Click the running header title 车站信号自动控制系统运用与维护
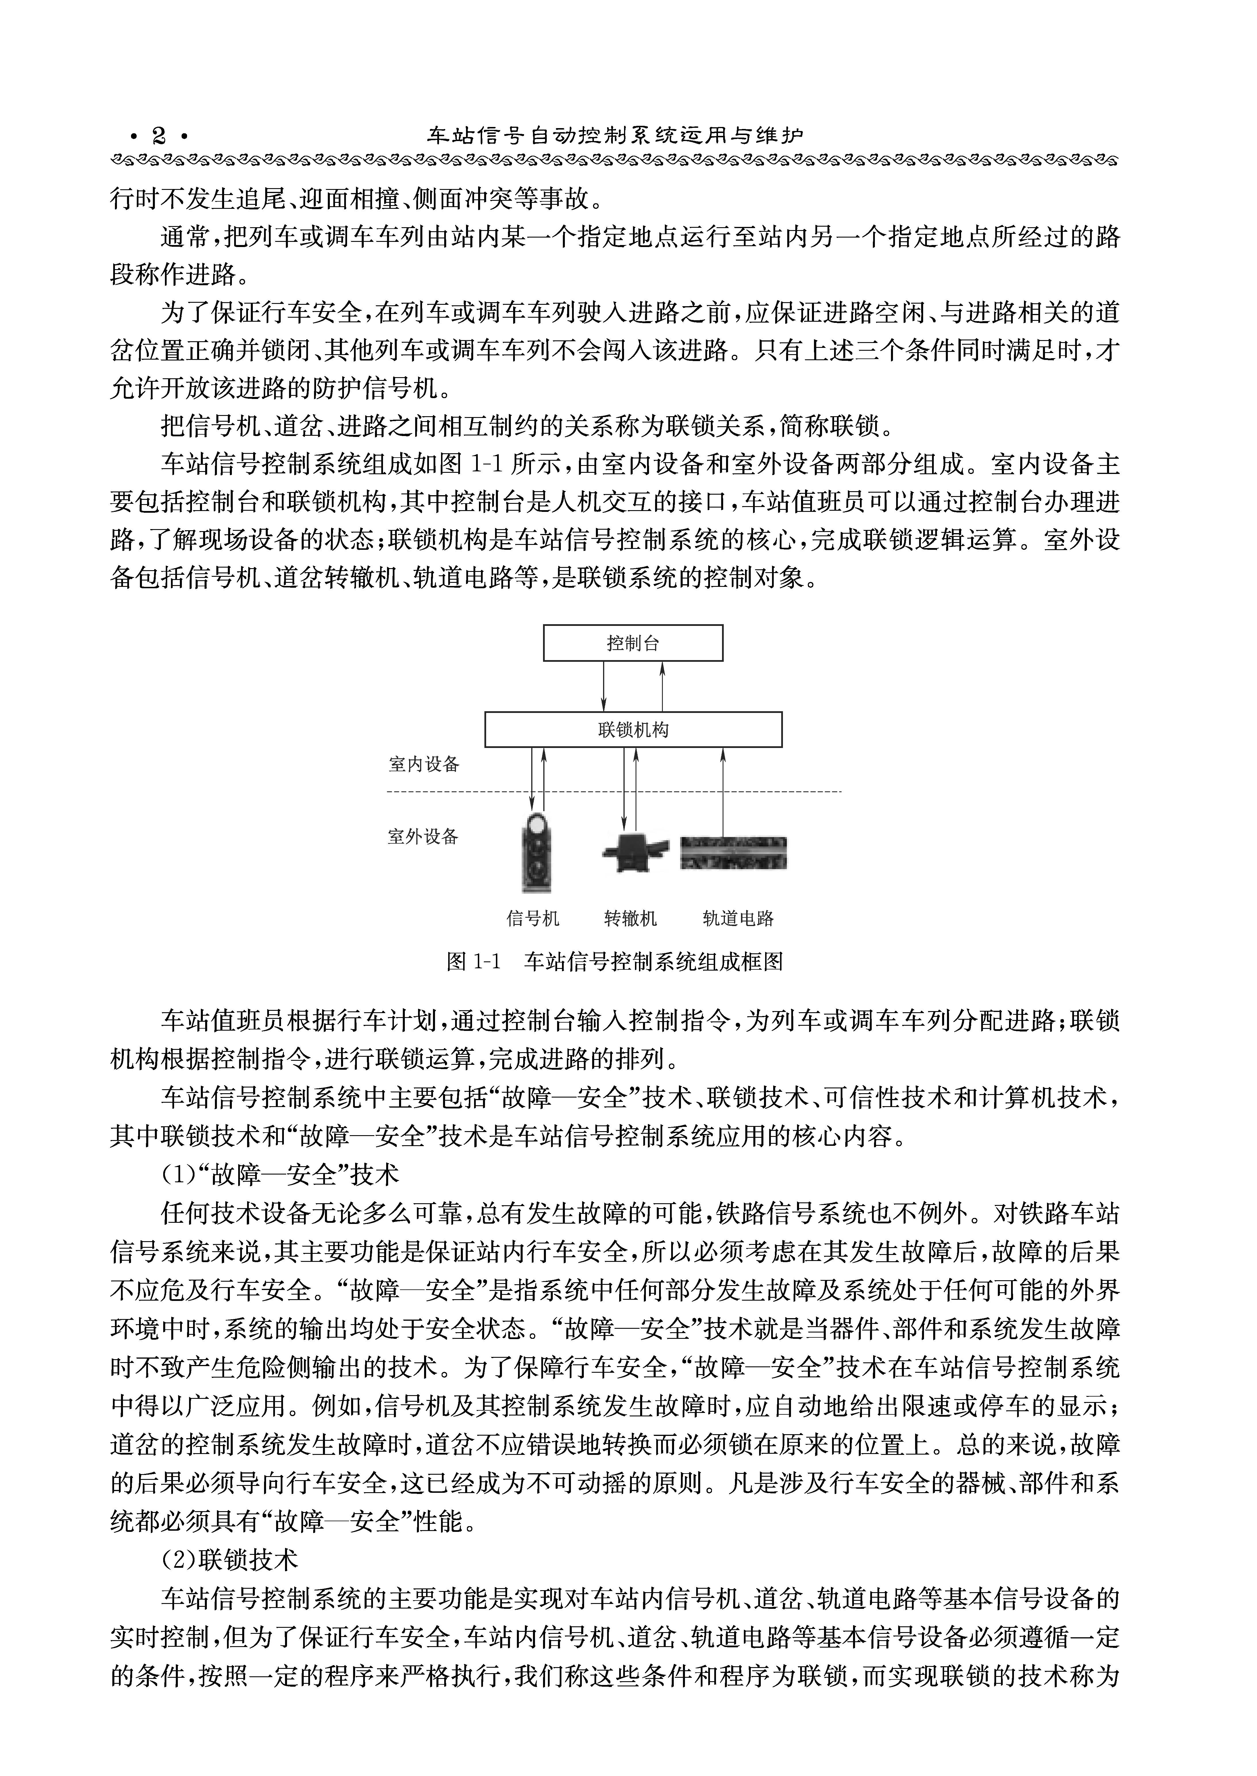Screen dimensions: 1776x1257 tap(615, 136)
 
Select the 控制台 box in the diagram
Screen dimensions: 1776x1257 tap(632, 643)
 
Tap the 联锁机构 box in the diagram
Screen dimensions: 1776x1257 tap(632, 730)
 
